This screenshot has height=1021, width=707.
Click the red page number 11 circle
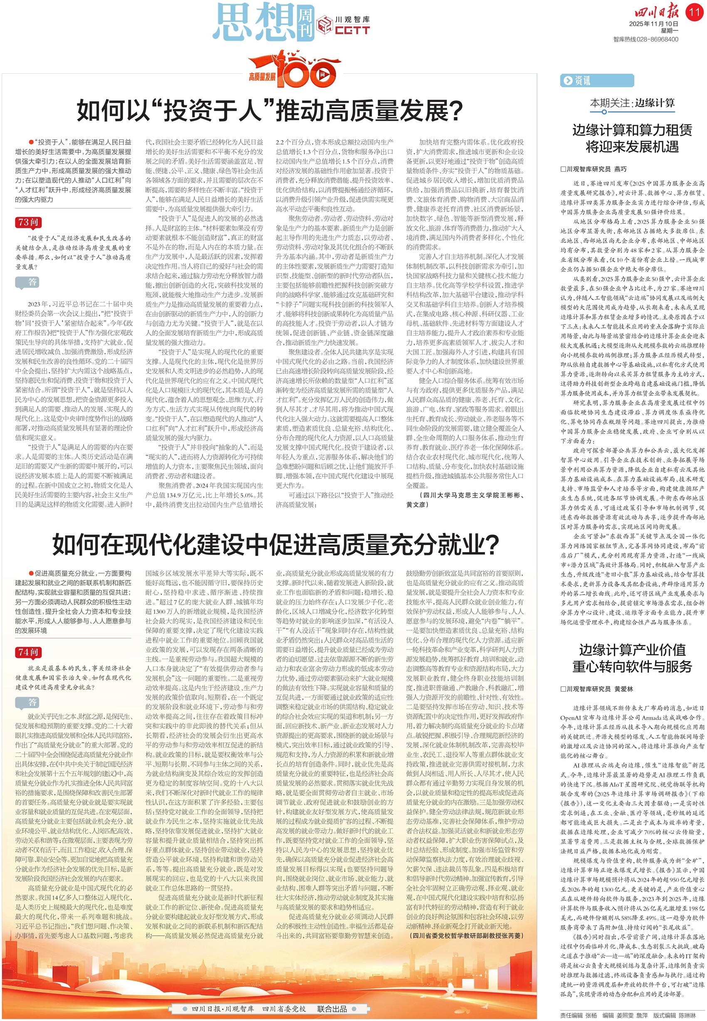694,12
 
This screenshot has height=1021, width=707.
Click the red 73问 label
29,222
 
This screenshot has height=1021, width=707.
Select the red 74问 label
29,652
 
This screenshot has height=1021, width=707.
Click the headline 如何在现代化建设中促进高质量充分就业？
276,544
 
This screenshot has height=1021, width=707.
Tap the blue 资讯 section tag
577,80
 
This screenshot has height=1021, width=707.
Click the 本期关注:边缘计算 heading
632,103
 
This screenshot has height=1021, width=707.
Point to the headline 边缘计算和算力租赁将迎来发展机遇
632,138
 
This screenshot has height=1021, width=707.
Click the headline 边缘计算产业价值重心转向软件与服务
632,658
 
